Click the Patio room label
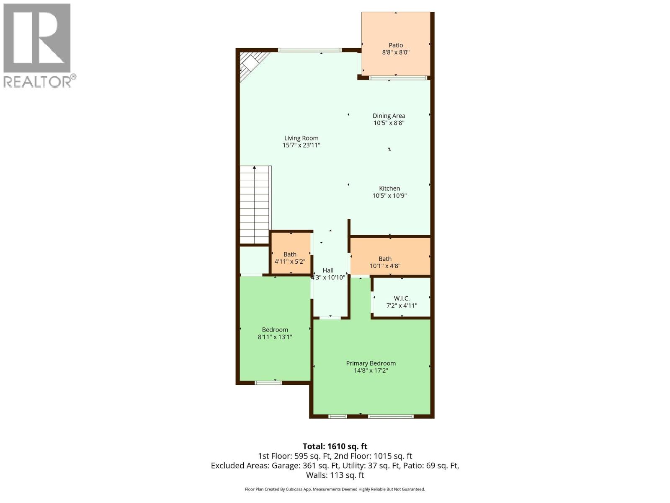pos(395,45)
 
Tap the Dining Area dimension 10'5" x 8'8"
pos(389,123)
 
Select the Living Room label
pos(301,138)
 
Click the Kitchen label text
pos(389,189)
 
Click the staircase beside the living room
pos(254,205)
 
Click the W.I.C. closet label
pos(401,298)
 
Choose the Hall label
pos(328,270)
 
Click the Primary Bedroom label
pos(371,363)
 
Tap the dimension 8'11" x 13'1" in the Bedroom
pos(275,337)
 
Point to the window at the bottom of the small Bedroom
pos(268,382)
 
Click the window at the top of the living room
pos(310,50)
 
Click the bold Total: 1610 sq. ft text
pos(335,446)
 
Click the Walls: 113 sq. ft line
pos(335,475)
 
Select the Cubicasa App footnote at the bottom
pos(335,489)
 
